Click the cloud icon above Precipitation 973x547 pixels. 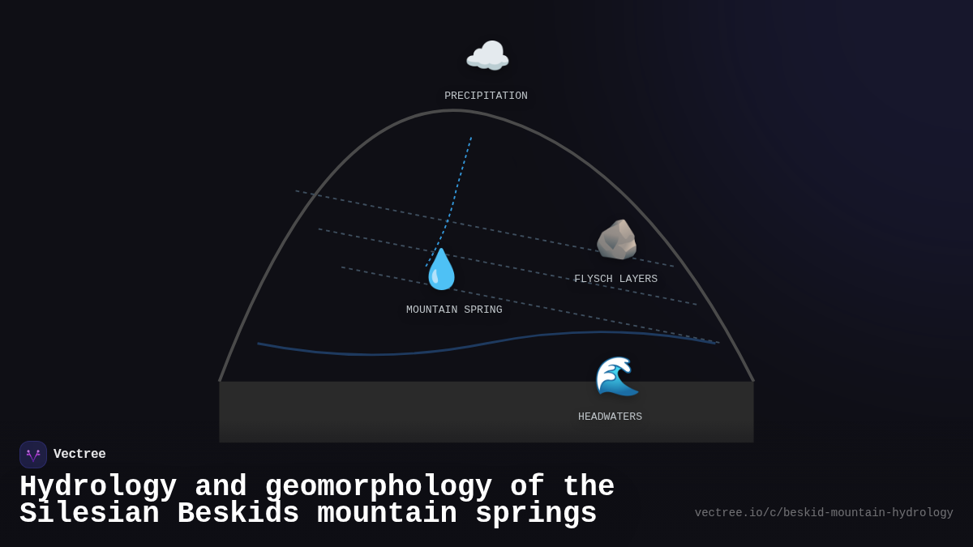pos(487,55)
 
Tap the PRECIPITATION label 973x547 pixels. pos(486,96)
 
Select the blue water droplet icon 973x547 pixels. pos(441,269)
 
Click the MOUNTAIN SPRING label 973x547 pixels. pos(454,310)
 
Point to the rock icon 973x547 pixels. pos(617,240)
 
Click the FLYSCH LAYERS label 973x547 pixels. pos(615,279)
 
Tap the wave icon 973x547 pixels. pos(617,376)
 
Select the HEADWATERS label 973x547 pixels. pos(610,417)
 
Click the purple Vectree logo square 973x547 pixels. pos(33,455)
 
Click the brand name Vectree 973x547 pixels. pos(79,454)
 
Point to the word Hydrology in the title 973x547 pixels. pos(98,487)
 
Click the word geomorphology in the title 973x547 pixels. pos(379,487)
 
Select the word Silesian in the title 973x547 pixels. pos(89,513)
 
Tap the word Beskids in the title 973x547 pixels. pos(238,513)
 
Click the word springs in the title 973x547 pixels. pos(536,515)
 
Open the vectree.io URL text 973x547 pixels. pos(824,513)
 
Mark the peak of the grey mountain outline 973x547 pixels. pos(454,111)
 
